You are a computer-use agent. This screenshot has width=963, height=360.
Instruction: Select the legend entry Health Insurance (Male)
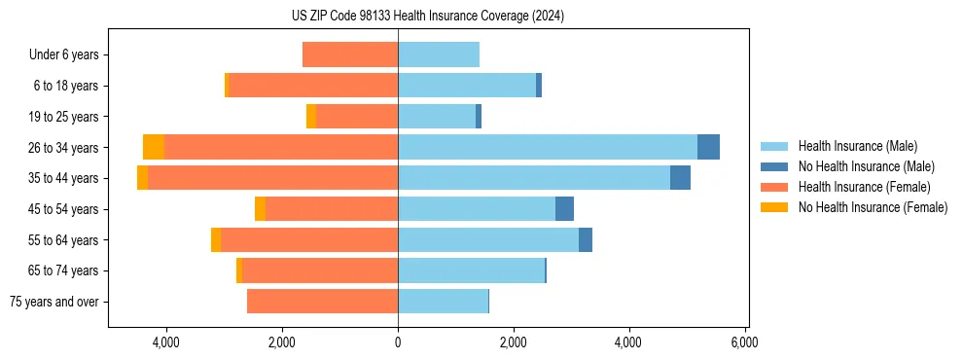(857, 146)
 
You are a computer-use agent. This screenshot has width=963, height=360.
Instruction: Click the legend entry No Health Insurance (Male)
(866, 166)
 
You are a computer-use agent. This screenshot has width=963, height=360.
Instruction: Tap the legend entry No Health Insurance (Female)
(873, 207)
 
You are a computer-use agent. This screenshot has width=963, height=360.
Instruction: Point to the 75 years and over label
(54, 302)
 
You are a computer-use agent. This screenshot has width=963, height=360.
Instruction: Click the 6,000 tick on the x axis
(744, 342)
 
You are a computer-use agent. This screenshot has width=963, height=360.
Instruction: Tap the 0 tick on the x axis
(398, 342)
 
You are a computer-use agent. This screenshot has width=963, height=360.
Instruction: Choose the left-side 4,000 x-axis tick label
(166, 342)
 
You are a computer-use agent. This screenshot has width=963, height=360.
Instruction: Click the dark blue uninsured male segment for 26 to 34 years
(708, 147)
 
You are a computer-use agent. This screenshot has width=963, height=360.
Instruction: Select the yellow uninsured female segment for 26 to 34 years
(154, 147)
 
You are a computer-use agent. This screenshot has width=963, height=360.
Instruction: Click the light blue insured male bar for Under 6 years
(439, 54)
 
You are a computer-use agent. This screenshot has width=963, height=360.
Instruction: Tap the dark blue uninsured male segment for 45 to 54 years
(564, 209)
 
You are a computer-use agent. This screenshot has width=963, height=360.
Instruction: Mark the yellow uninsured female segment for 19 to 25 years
(311, 117)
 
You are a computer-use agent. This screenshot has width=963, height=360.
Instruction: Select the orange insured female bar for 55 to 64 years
(309, 240)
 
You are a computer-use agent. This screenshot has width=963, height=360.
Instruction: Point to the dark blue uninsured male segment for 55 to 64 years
(586, 240)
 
